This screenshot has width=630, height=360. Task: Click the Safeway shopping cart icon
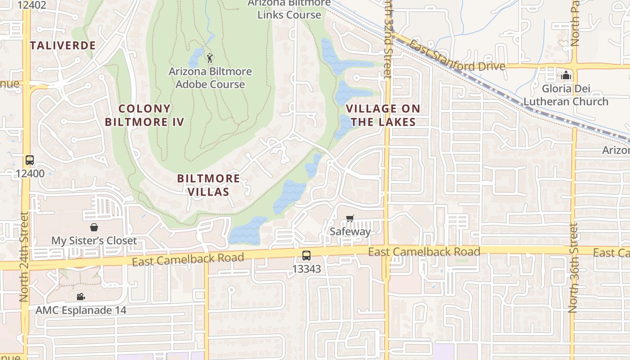coord(350,219)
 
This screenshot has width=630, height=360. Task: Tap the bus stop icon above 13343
coord(306,255)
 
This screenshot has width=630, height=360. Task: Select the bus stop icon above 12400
coord(30,160)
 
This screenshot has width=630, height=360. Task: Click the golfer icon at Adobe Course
coord(210,58)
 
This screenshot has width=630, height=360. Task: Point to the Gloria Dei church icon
coord(566,75)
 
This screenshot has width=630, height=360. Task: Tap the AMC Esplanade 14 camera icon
coord(81,297)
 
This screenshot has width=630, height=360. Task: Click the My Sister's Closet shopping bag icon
coord(94,227)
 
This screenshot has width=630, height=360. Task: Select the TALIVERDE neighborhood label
coord(63,45)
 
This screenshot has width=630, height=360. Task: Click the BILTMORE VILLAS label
coord(208,185)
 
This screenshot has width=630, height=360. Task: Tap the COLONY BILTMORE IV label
coord(144,115)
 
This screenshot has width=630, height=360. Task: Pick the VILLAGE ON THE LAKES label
coord(383,115)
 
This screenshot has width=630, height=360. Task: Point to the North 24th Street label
coord(24,256)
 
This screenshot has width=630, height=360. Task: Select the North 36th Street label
coord(572,268)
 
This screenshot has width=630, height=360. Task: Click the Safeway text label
coord(351,232)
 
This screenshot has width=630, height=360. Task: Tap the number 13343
coord(306,269)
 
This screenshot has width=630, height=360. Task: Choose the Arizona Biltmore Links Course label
coord(290,9)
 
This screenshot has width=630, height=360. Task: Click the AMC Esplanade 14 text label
coord(81,310)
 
